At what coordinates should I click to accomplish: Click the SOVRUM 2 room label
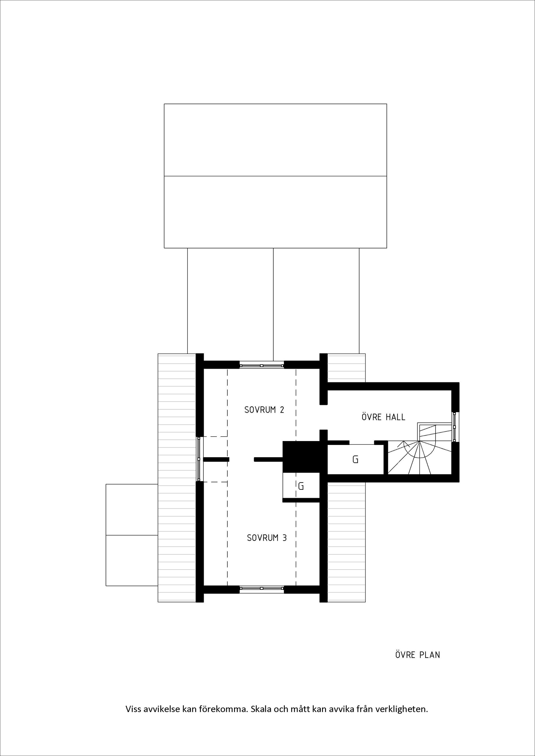coord(264,410)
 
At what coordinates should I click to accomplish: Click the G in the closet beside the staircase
coord(355,459)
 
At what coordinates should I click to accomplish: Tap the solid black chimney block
coord(301,457)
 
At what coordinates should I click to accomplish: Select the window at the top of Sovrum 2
coord(262,365)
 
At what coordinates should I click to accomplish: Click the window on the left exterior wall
coord(199,459)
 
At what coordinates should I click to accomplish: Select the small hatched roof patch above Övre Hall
coord(347,368)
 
